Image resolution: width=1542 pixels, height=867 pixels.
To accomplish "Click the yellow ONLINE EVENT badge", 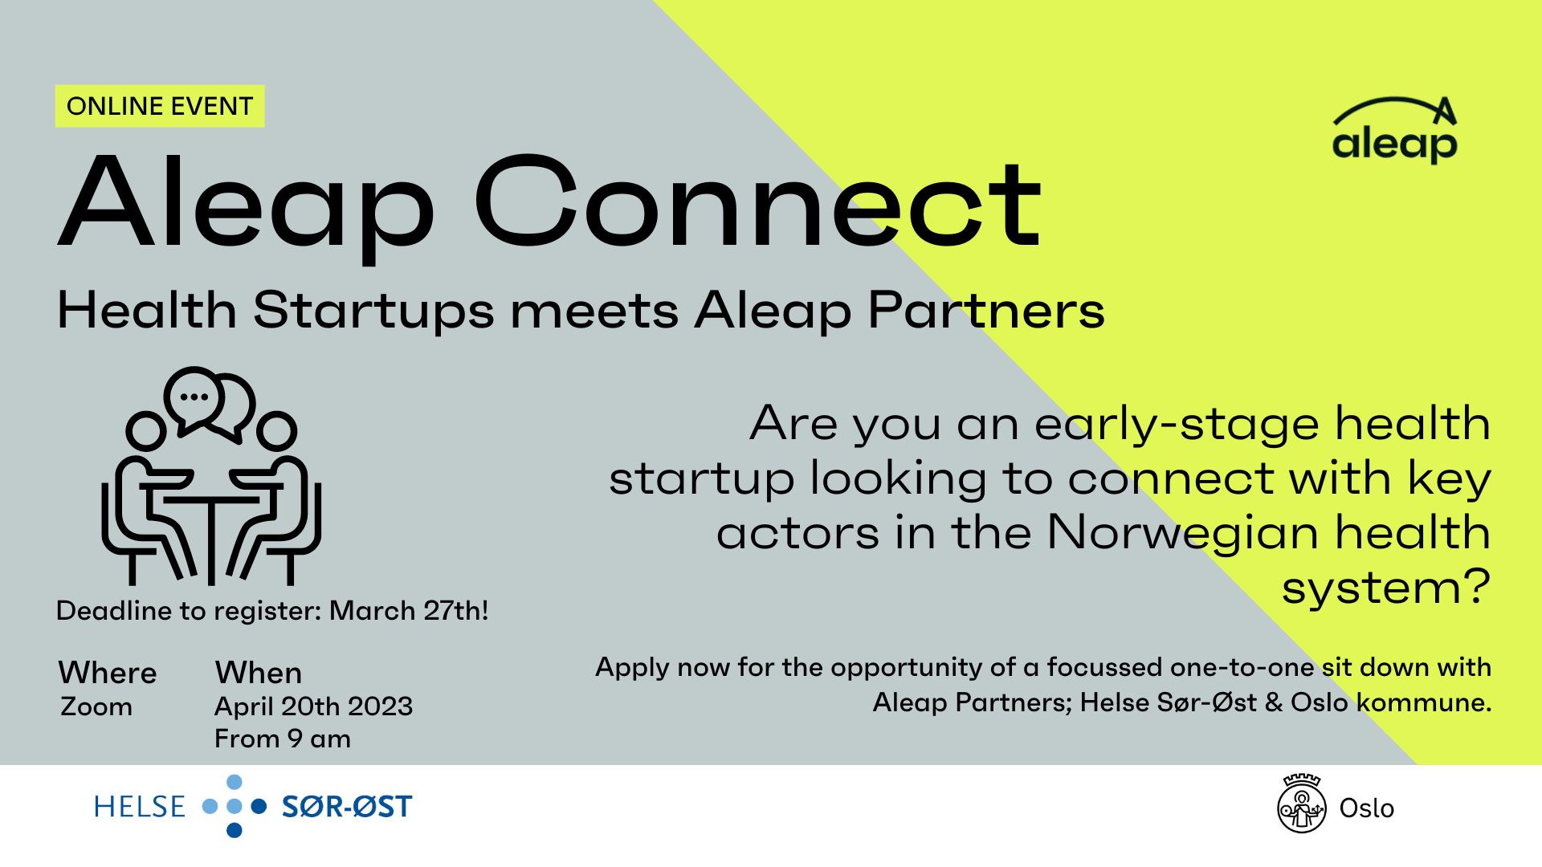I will (x=159, y=106).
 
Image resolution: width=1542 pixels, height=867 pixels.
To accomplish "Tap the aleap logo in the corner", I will (x=1394, y=131).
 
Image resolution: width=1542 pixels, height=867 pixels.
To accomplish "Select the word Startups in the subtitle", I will (x=373, y=311).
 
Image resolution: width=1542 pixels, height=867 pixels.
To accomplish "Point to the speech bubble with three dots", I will (x=194, y=397).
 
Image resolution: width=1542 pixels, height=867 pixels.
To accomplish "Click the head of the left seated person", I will (x=145, y=431).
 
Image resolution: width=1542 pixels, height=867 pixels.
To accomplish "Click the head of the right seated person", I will (x=277, y=431).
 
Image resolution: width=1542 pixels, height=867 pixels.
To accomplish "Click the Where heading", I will (x=108, y=673).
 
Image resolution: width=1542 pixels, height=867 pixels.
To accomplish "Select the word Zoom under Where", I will (x=96, y=706).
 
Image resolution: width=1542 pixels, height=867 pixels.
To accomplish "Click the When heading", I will (x=259, y=673).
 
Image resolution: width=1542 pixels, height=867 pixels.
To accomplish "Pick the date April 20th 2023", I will (x=313, y=706).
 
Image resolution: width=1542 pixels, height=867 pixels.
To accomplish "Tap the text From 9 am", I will (x=283, y=739).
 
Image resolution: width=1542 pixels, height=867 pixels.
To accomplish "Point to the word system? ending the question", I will (x=1385, y=588).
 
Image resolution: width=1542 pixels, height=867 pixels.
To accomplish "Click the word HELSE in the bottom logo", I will (x=140, y=807).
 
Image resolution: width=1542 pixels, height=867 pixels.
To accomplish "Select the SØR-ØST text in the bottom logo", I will (x=347, y=807).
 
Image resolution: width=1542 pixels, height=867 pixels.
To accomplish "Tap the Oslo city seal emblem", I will (x=1301, y=806).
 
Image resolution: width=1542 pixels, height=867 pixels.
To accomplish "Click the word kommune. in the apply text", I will (x=1423, y=702).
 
